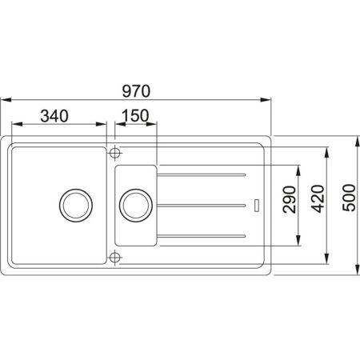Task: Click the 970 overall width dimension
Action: coord(135,88)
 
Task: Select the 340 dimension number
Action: coord(60,115)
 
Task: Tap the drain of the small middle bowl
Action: coord(132,205)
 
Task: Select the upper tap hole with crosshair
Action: coord(115,151)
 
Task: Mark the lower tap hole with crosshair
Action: coord(115,258)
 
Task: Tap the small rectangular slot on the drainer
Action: coord(255,205)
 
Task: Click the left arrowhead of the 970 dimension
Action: coord(4,99)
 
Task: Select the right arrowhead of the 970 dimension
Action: coord(269,99)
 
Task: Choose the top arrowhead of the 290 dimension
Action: coord(299,168)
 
